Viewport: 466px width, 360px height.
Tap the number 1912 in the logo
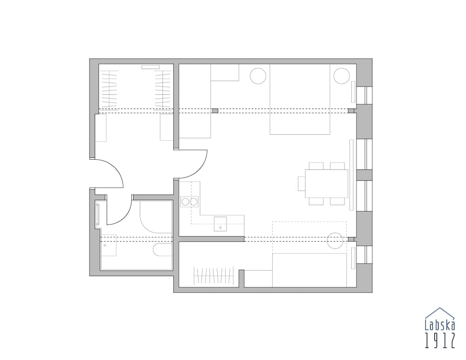click(x=439, y=341)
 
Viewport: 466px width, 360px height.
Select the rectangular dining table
click(x=326, y=183)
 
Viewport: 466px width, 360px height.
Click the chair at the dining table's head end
click(x=302, y=183)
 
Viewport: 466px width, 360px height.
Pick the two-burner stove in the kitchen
click(x=190, y=202)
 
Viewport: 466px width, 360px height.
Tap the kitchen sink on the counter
click(x=220, y=224)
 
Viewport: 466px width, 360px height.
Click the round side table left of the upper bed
click(x=258, y=76)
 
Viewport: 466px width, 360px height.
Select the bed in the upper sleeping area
click(x=300, y=99)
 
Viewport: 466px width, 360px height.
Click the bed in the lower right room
click(x=309, y=270)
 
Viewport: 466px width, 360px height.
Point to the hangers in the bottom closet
click(x=213, y=275)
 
